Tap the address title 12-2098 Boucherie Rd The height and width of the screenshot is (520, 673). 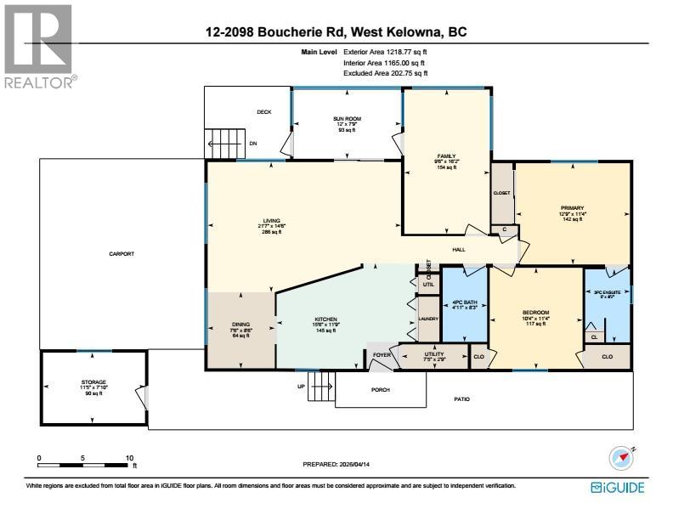(336, 32)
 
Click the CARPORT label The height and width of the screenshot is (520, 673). (122, 254)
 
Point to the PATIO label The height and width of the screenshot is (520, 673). (461, 398)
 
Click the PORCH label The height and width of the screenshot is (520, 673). (380, 390)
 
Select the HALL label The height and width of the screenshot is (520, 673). (459, 251)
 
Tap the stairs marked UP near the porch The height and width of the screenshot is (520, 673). (320, 388)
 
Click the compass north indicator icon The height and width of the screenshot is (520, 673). (622, 459)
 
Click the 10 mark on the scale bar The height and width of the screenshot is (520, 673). (129, 459)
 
